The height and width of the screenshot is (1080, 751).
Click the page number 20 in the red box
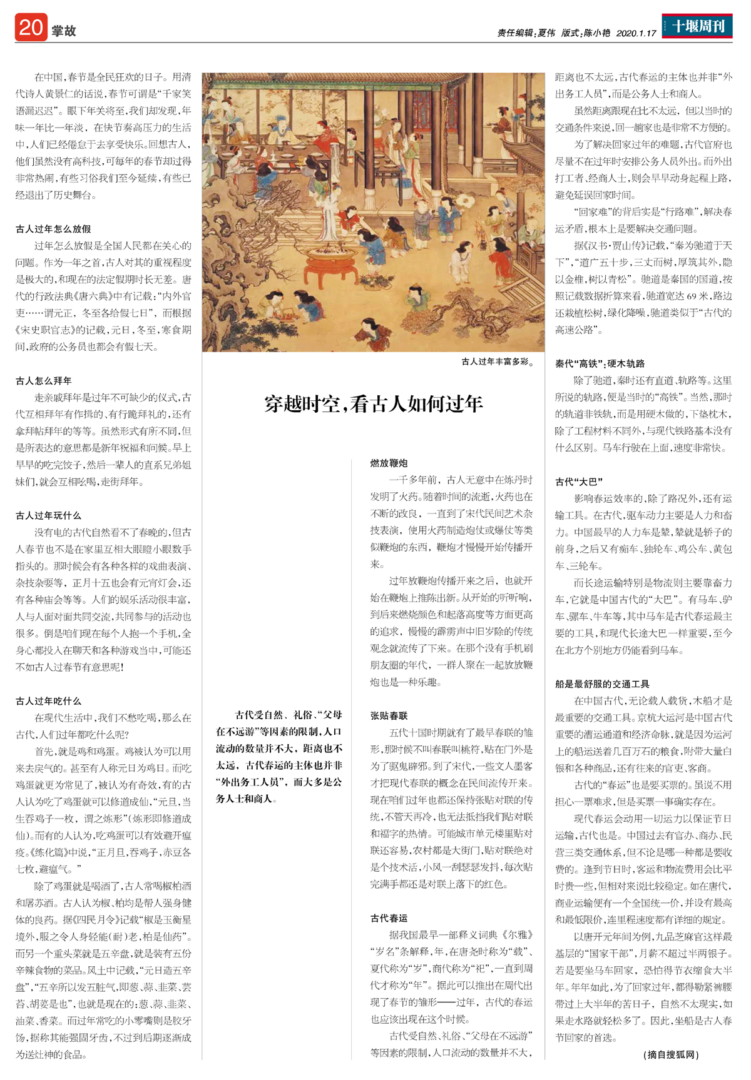[x=31, y=28]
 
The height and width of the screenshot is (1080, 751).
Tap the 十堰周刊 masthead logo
[x=697, y=26]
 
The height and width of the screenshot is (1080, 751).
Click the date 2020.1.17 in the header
[x=636, y=33]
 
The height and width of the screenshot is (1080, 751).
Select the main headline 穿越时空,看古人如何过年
[x=374, y=404]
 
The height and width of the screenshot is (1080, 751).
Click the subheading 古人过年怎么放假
[x=53, y=229]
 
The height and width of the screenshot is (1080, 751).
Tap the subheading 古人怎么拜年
[x=44, y=380]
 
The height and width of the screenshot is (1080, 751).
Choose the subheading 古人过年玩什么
[x=49, y=515]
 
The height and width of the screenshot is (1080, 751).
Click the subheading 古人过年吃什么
[x=49, y=701]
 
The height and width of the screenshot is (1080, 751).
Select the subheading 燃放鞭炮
[x=389, y=463]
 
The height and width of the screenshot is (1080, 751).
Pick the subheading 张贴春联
[x=389, y=715]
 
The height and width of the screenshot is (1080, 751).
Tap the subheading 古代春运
[x=389, y=918]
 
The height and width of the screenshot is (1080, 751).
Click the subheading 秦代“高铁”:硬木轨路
[x=600, y=363]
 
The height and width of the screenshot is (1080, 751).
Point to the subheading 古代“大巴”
[x=579, y=482]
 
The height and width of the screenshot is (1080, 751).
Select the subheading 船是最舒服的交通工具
[x=602, y=684]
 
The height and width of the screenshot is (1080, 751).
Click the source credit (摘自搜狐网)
[x=671, y=1054]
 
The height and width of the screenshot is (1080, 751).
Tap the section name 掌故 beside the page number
[x=64, y=31]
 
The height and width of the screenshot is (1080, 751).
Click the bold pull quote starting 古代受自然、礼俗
[x=279, y=756]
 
